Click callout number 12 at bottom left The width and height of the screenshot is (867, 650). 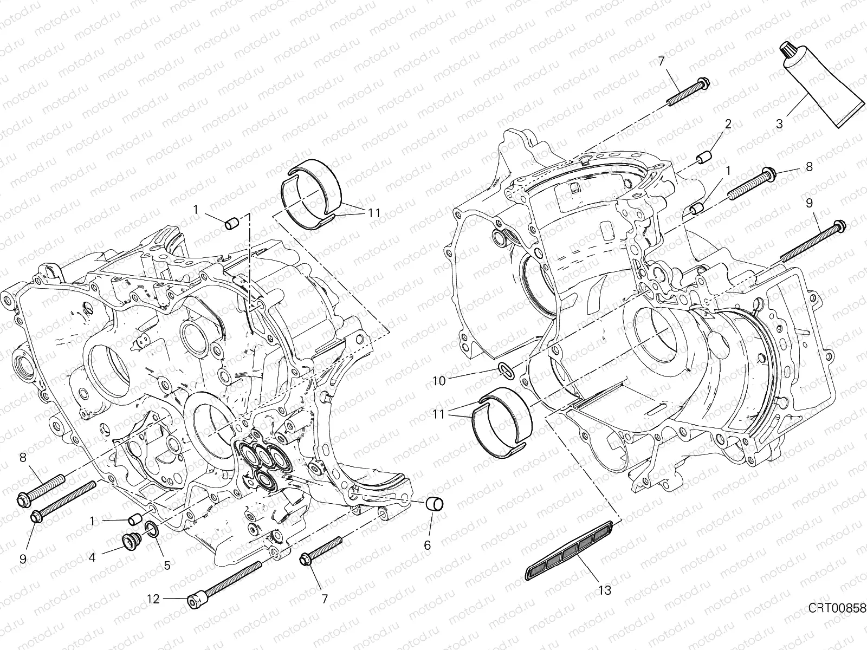(x=153, y=599)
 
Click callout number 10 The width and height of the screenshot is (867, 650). (x=439, y=381)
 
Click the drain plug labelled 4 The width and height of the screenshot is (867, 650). (x=131, y=541)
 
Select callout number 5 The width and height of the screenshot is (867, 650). (x=166, y=565)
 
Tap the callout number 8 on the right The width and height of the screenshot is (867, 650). (x=809, y=167)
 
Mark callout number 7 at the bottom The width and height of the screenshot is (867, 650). (x=324, y=599)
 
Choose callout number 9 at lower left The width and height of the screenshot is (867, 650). (x=23, y=558)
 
